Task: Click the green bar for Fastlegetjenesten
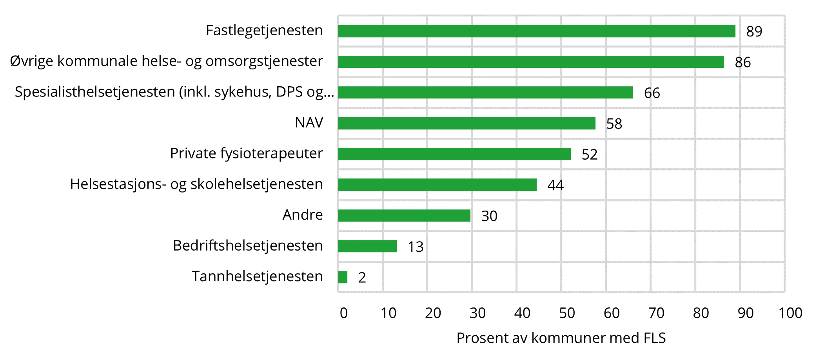536,31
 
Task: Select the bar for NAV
466,123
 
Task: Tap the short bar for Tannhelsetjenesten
343,277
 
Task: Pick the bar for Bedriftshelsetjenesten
367,246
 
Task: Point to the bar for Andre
404,215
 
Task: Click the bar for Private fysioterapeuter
454,154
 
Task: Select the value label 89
754,31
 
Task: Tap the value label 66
652,93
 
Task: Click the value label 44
555,185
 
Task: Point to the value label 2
362,278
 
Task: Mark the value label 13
416,247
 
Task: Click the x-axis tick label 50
567,313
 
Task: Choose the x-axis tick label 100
790,313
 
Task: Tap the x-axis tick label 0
344,313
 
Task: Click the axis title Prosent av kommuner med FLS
561,338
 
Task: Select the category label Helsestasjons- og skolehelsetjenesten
196,184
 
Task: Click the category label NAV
309,123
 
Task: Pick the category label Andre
303,215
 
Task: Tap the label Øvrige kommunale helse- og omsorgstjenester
167,61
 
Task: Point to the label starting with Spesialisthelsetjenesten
174,92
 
